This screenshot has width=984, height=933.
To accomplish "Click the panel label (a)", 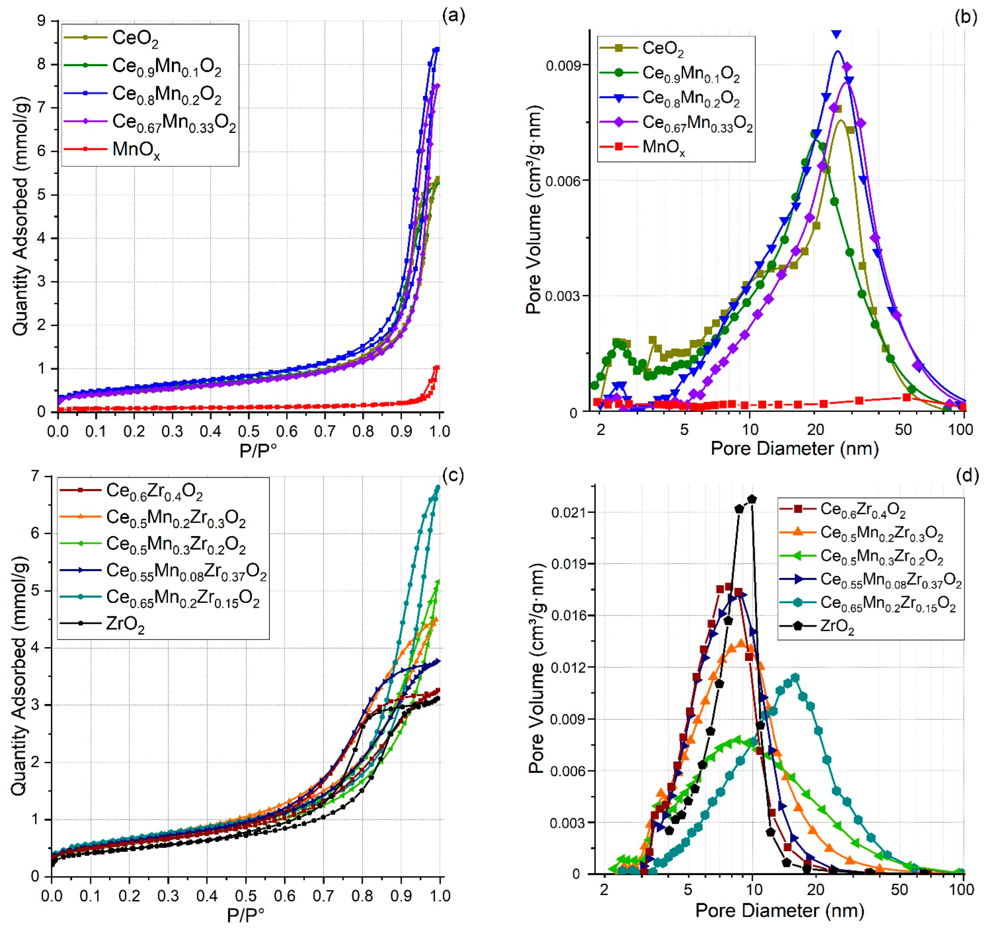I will pyautogui.click(x=453, y=16).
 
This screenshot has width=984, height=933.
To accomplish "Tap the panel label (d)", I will pyautogui.click(x=967, y=476).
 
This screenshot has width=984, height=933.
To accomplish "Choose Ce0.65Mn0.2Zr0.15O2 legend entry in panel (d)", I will pyautogui.click(x=888, y=603).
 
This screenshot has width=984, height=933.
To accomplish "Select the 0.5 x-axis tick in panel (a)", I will pyautogui.click(x=249, y=431).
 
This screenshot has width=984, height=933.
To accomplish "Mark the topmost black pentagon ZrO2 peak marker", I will pyautogui.click(x=752, y=499).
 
